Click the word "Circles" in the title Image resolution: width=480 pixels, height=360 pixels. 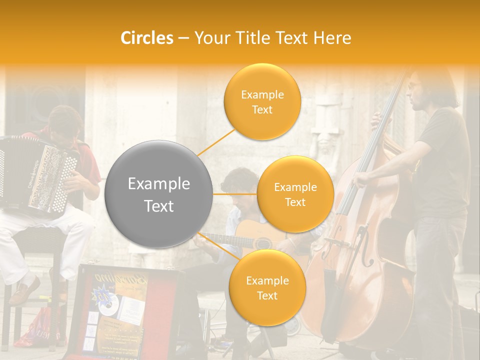tap(147, 38)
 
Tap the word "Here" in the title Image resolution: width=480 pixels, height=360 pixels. tap(332, 38)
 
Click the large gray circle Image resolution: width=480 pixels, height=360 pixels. tap(159, 194)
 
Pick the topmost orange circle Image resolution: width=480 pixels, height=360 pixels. tap(262, 102)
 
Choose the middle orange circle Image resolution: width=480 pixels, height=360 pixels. tap(295, 194)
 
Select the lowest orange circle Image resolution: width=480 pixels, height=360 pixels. tap(267, 288)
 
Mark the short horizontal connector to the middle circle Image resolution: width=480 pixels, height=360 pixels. tap(235, 194)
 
